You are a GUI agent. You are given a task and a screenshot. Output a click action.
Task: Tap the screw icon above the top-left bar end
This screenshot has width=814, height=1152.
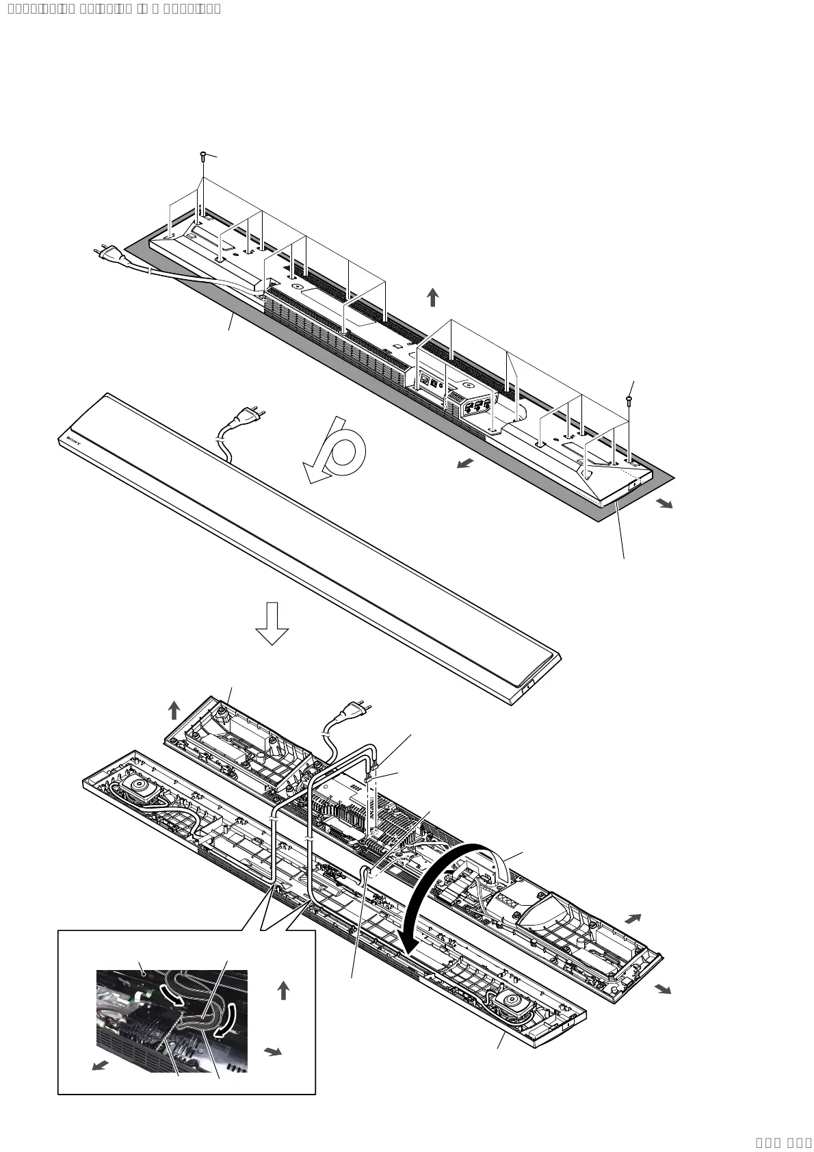(x=203, y=156)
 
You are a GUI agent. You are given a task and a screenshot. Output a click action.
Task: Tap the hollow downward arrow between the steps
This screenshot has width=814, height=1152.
(x=272, y=623)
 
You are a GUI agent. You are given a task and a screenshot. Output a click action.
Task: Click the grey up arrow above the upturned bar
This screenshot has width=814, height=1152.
(x=432, y=298)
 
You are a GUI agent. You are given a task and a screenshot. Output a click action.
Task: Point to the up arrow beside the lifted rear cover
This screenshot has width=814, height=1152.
(x=174, y=710)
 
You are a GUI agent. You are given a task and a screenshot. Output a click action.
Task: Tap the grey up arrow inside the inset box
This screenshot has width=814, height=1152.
(x=283, y=991)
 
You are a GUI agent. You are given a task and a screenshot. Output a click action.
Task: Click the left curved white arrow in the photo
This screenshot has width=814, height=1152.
(x=172, y=996)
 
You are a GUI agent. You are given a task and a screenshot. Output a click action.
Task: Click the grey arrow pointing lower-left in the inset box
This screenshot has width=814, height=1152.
(x=101, y=1065)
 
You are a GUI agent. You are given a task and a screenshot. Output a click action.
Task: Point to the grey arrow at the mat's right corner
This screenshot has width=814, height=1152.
(x=664, y=503)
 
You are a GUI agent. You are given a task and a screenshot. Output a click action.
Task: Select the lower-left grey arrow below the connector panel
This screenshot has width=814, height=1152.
(x=465, y=464)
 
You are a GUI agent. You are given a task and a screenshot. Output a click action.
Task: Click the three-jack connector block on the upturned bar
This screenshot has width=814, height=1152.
(x=477, y=406)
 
